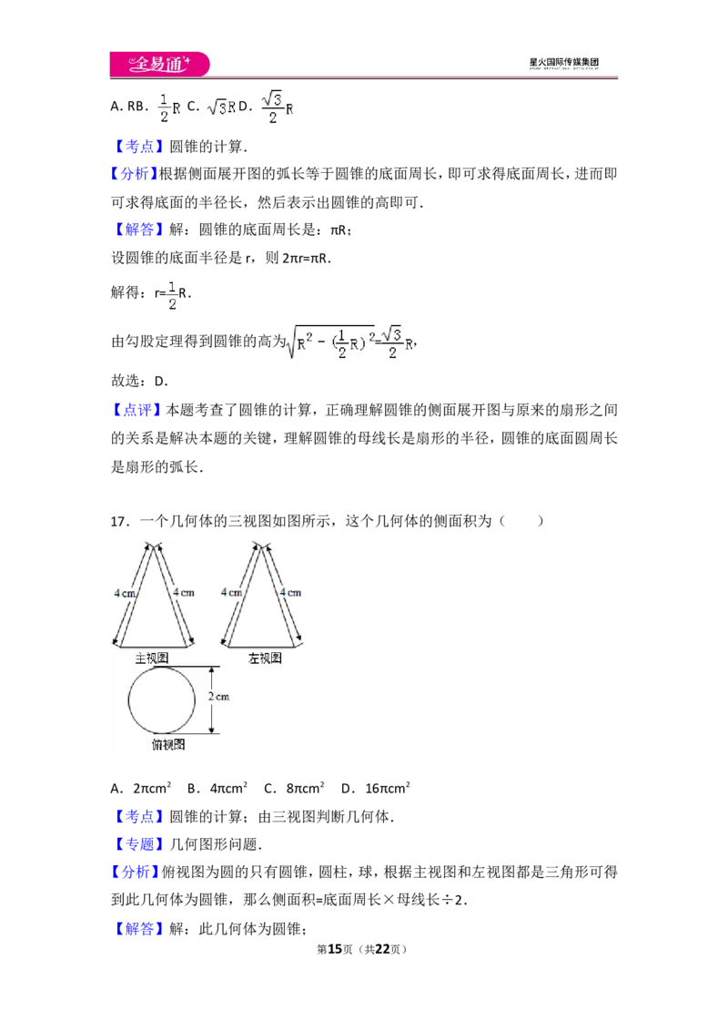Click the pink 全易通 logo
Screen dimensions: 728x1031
[x=159, y=64]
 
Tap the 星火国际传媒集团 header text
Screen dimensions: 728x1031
[x=563, y=62]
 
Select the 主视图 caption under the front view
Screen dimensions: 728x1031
[x=152, y=658]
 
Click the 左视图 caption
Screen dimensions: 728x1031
[x=265, y=658]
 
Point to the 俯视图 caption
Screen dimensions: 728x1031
[x=168, y=744]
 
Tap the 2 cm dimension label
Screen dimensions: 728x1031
[x=218, y=697]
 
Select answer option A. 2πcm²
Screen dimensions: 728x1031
[x=141, y=788]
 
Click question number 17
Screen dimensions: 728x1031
[x=118, y=521]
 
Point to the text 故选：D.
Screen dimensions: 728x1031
[x=139, y=381]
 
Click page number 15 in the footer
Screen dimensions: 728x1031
[x=335, y=949]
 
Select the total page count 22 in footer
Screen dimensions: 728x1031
[x=382, y=949]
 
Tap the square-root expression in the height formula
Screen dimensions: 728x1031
[x=331, y=342]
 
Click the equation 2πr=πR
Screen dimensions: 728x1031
[x=306, y=258]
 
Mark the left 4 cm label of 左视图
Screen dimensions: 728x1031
[x=231, y=592]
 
